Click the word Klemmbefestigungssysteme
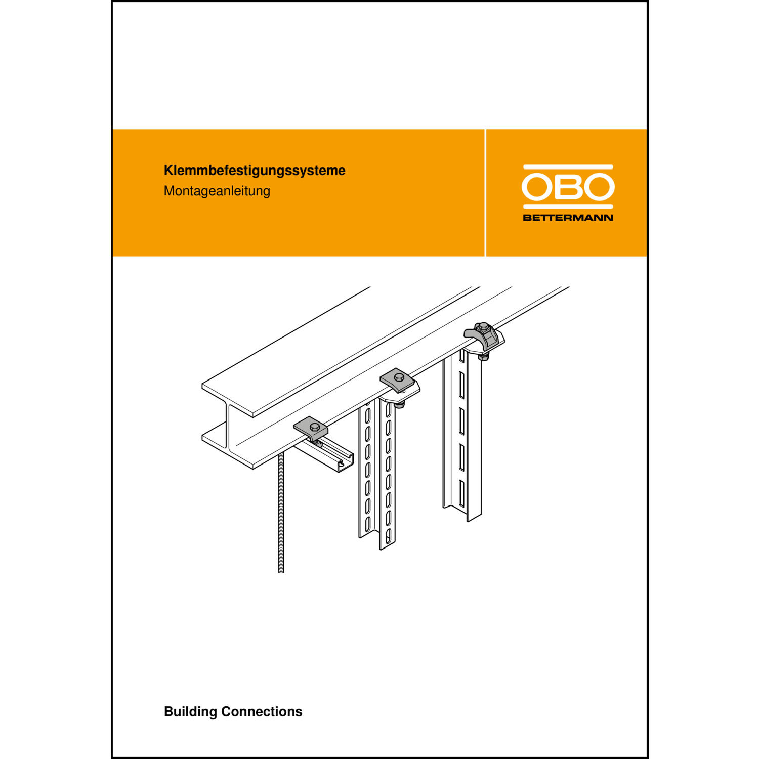tap(255, 171)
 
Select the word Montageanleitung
tap(217, 191)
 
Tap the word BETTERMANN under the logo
tap(568, 218)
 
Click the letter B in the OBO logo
tap(568, 187)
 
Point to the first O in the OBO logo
tap(537, 187)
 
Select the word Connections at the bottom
tap(262, 711)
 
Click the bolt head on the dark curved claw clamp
tap(483, 326)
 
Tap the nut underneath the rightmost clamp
tap(484, 357)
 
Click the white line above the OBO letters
tap(568, 167)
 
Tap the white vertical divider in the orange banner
tap(485, 193)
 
